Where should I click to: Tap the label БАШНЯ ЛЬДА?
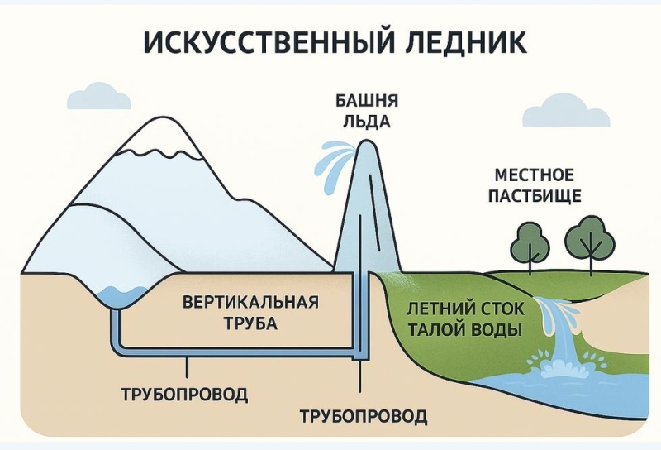[367, 112]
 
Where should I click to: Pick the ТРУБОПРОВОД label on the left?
[183, 393]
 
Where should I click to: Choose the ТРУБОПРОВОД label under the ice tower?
[364, 415]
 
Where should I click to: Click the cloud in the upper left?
[99, 97]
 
